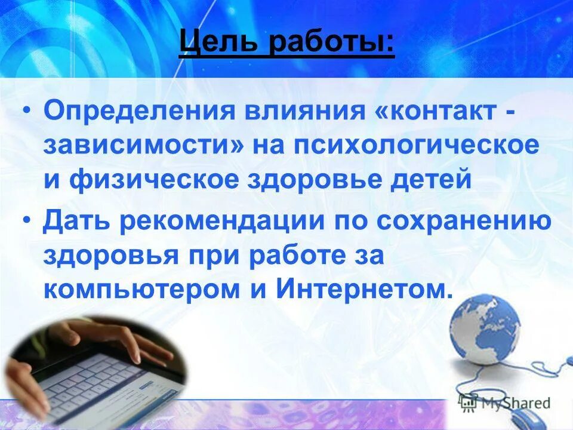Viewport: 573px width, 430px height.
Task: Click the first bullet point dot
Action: pyautogui.click(x=29, y=112)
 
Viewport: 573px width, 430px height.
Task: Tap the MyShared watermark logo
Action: pyautogui.click(x=504, y=403)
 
